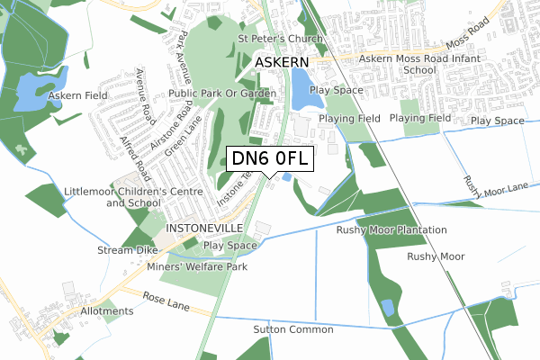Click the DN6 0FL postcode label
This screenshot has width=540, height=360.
[x=270, y=158]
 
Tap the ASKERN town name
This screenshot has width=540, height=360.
[x=282, y=62]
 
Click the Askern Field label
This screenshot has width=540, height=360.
[x=78, y=94]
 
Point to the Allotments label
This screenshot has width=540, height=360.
[x=104, y=310]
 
